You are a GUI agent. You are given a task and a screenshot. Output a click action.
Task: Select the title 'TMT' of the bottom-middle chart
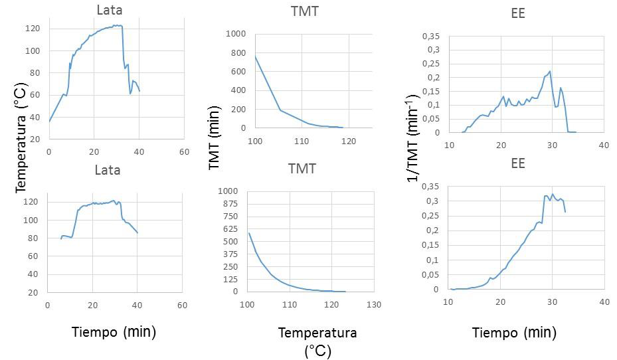click(302, 169)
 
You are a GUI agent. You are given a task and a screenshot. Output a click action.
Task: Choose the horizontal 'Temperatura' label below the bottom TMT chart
click(317, 332)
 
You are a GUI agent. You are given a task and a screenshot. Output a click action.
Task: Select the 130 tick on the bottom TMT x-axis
click(375, 304)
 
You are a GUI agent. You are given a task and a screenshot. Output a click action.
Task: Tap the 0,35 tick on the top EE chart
click(431, 34)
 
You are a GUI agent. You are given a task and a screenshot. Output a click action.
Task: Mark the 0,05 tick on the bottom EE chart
click(431, 275)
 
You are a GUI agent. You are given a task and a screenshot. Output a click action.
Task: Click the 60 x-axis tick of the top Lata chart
click(184, 151)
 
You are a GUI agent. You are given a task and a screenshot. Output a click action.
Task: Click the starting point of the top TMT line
click(255, 56)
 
